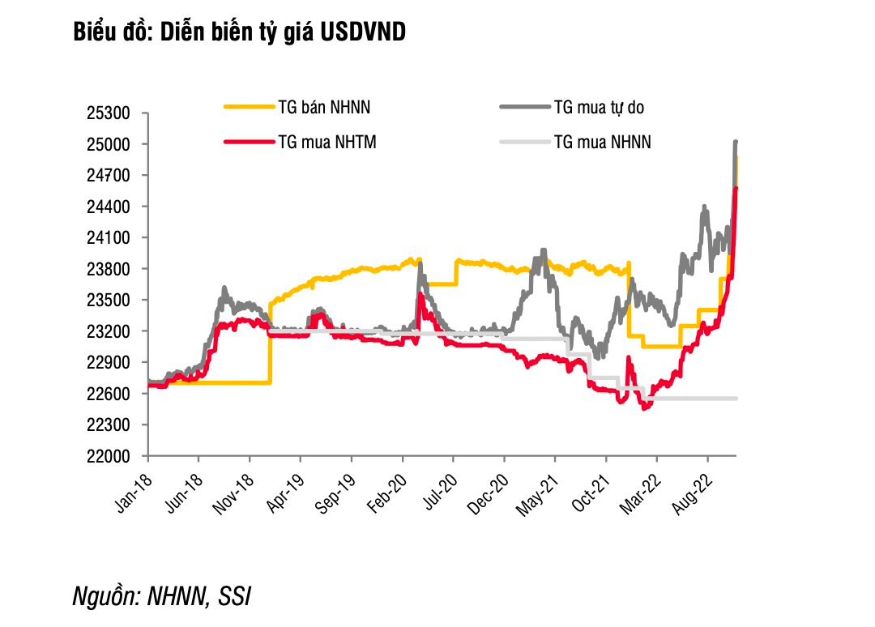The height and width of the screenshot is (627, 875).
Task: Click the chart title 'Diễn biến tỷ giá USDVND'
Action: click(240, 32)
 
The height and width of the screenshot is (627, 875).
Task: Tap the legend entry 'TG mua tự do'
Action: click(599, 106)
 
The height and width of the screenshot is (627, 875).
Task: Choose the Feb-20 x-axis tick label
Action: click(389, 489)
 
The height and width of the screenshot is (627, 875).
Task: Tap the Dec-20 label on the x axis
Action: click(490, 489)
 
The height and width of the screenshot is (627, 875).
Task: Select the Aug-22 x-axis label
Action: click(694, 489)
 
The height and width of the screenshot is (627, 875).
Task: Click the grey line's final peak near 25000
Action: click(736, 143)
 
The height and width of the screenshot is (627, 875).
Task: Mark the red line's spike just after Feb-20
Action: click(420, 295)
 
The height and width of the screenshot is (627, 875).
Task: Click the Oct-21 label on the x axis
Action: click(592, 489)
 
